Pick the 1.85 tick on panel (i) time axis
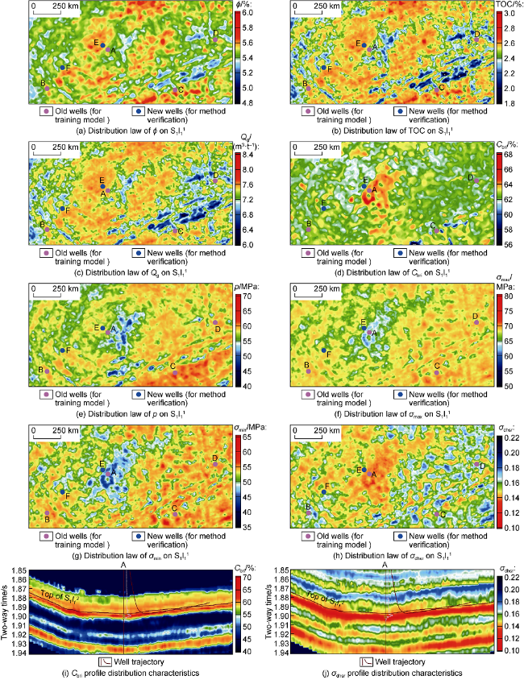pyautogui.click(x=19, y=570)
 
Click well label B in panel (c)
pyautogui.click(x=42, y=223)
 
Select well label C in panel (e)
pyautogui.click(x=173, y=366)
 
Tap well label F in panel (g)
pyautogui.click(x=67, y=492)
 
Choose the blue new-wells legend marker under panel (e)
pyautogui.click(x=139, y=394)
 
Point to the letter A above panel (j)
pyautogui.click(x=384, y=566)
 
